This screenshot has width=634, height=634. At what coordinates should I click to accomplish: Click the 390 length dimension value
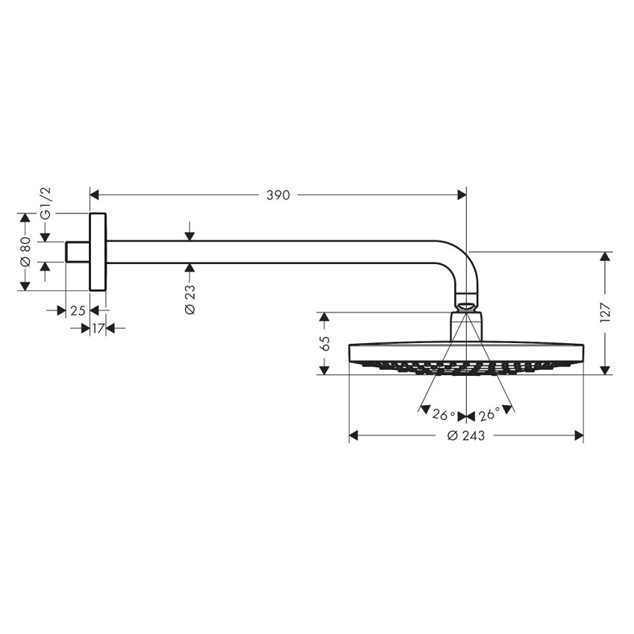pyautogui.click(x=277, y=195)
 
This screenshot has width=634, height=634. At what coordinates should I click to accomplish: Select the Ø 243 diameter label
pyautogui.click(x=465, y=436)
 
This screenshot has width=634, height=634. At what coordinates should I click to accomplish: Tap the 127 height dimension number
pyautogui.click(x=605, y=313)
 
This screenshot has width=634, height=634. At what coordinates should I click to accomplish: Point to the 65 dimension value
pyautogui.click(x=324, y=344)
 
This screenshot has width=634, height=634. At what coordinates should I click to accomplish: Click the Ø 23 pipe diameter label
pyautogui.click(x=189, y=298)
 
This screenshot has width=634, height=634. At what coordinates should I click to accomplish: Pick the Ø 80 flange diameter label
pyautogui.click(x=25, y=252)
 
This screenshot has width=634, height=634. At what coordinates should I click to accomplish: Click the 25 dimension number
pyautogui.click(x=78, y=311)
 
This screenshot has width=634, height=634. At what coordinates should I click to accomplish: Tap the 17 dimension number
pyautogui.click(x=98, y=327)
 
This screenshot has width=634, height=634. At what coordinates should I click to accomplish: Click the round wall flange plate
pyautogui.click(x=98, y=252)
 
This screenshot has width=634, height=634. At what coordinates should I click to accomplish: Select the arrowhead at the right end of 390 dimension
pyautogui.click(x=462, y=195)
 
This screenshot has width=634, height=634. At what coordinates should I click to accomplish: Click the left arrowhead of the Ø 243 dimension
pyautogui.click(x=354, y=436)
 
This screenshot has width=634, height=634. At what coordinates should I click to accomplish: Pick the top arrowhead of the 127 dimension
pyautogui.click(x=605, y=257)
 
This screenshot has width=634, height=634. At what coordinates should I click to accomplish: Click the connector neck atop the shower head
pyautogui.click(x=466, y=325)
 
